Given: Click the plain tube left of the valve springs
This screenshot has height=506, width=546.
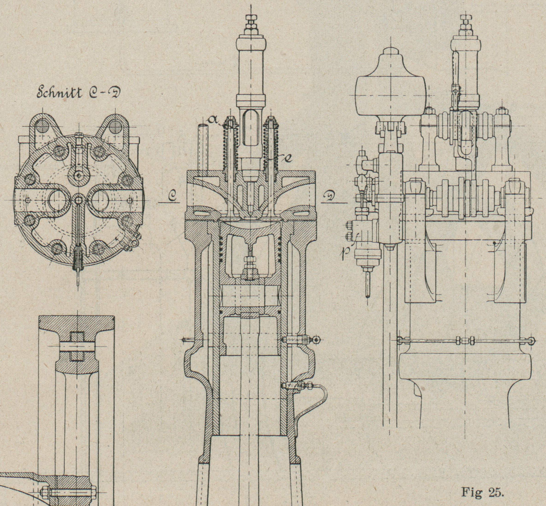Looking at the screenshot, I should [x=203, y=148].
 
